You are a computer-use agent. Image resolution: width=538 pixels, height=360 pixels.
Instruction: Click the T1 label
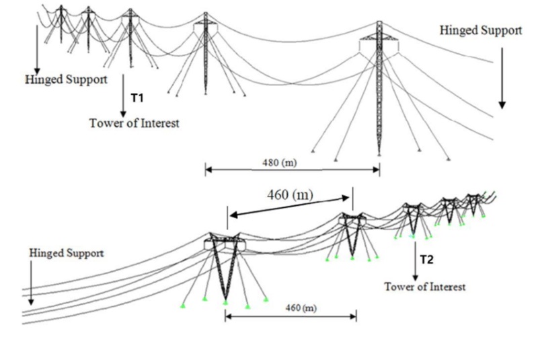pyautogui.click(x=137, y=98)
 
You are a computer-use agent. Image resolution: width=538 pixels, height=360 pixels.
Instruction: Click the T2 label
pyautogui.click(x=426, y=259)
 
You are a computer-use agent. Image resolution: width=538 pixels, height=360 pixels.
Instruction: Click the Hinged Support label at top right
pyautogui.click(x=481, y=30)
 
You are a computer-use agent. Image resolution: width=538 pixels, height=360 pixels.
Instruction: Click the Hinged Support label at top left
pyautogui.click(x=66, y=79)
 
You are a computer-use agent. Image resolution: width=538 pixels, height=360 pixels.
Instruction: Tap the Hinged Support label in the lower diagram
pyautogui.click(x=66, y=253)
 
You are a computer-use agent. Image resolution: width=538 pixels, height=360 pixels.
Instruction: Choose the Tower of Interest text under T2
pyautogui.click(x=425, y=287)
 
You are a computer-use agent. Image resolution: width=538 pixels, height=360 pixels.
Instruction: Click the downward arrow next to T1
pyautogui.click(x=124, y=95)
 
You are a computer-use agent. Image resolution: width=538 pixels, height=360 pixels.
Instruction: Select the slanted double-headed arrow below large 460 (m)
pyautogui.click(x=289, y=206)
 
